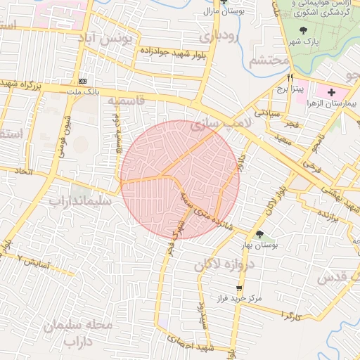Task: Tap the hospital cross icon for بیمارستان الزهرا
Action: [331, 92]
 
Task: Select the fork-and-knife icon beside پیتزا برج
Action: [290, 78]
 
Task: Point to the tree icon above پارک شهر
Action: [303, 30]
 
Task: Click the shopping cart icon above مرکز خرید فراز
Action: [239, 288]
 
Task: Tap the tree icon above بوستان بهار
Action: [261, 234]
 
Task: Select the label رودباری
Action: [218, 35]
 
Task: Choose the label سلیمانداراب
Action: [79, 201]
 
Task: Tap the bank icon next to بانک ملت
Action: [83, 81]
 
